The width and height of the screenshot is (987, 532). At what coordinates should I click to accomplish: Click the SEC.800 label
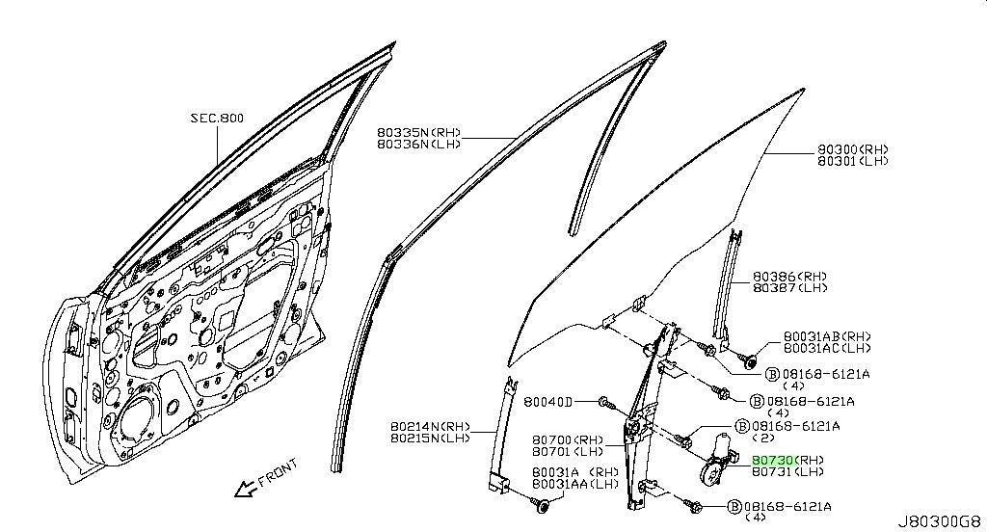pos(217,118)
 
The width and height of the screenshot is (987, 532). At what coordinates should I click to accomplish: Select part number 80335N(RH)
pos(419,133)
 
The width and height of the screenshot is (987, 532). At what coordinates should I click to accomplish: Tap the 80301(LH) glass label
pos(853,161)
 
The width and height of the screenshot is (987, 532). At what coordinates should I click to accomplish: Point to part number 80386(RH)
pos(790,277)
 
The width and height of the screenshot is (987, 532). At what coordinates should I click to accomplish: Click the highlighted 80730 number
pos(773,461)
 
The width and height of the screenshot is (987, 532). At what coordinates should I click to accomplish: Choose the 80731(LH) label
pos(787,471)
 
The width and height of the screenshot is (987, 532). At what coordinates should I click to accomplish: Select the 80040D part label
pos(547,402)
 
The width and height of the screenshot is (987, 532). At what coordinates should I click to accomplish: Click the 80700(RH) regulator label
pos(567,440)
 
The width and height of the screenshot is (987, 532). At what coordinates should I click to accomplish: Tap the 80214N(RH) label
pos(430,426)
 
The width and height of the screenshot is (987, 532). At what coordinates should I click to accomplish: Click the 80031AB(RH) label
pos(827,336)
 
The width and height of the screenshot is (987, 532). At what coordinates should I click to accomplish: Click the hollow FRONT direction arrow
pos(244,489)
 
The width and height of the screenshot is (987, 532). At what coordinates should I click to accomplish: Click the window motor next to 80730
pos(716,461)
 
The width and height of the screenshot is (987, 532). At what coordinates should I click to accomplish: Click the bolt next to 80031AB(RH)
pos(749,360)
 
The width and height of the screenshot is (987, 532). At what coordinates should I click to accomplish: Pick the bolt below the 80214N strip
pos(540,504)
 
